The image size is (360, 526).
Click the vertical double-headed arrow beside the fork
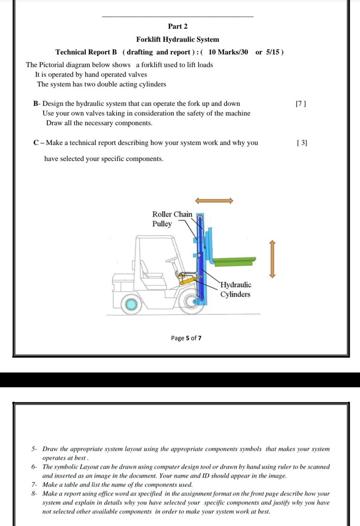coord(272,259)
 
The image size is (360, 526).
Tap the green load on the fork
coord(234,262)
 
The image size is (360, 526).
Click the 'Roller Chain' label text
coord(172,214)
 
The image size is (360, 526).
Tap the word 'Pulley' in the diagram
coord(162,224)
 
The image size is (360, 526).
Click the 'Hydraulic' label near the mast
coord(236,285)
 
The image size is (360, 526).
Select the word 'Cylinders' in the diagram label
coord(235,294)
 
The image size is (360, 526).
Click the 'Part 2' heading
coord(178,26)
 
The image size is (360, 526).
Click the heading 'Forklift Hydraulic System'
coord(178,40)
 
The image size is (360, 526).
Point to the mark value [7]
coord(301,104)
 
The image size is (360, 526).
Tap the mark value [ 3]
coord(302,143)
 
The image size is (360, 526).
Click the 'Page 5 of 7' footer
coord(186,338)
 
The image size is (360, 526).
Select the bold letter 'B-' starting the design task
coord(36,104)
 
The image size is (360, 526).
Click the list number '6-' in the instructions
coord(34,467)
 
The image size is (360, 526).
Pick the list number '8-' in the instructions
coord(34,493)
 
